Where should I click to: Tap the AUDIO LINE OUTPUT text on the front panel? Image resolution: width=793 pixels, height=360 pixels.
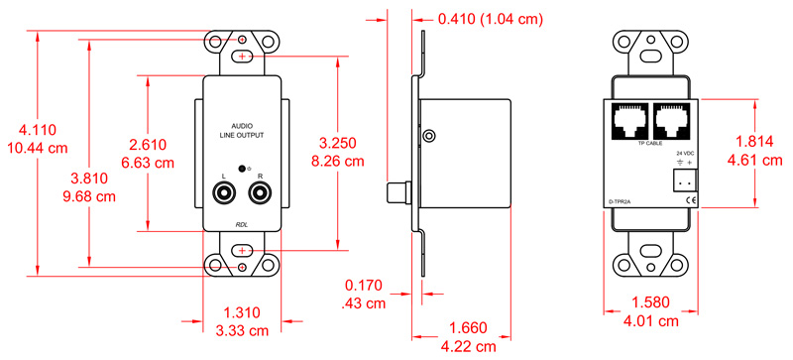click(x=242, y=130)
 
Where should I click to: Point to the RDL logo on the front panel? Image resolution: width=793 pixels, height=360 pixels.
click(x=242, y=224)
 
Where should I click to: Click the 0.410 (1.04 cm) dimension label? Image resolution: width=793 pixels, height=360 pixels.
click(x=492, y=18)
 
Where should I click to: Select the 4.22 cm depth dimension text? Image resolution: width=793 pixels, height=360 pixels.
click(x=469, y=346)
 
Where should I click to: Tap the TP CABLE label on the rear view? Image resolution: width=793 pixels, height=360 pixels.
click(x=649, y=145)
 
